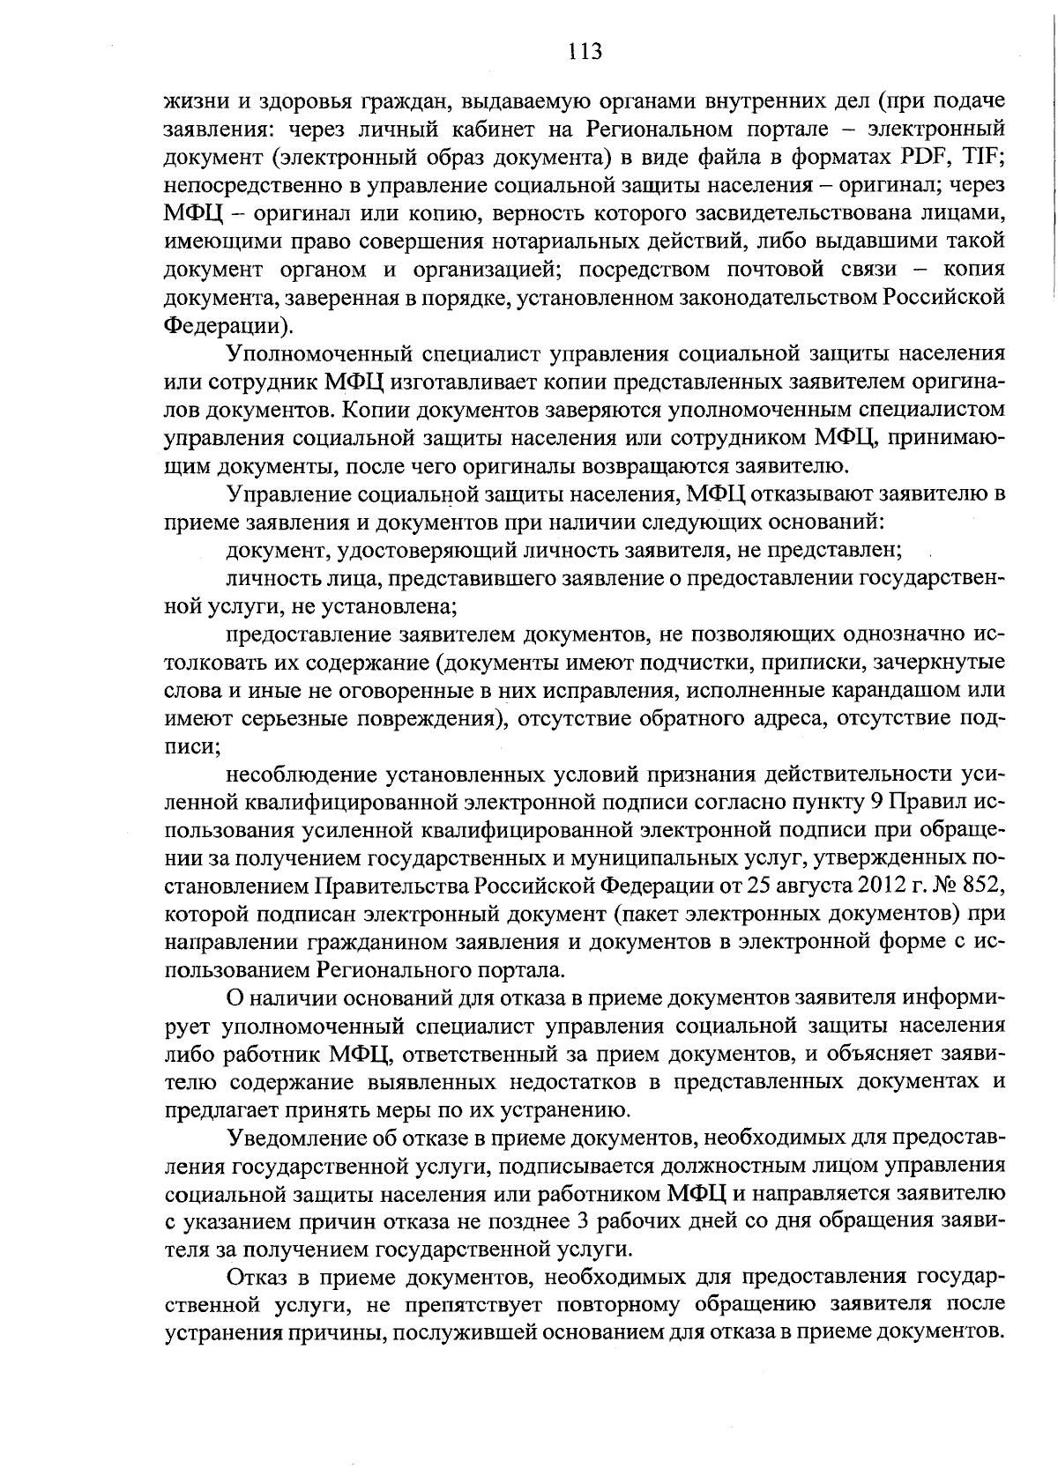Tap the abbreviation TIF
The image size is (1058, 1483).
tap(980, 158)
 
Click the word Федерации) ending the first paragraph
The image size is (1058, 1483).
tap(228, 325)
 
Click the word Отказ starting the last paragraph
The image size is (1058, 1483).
tap(257, 1277)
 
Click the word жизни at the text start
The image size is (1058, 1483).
tap(193, 101)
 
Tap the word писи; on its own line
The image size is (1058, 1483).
tap(191, 745)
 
